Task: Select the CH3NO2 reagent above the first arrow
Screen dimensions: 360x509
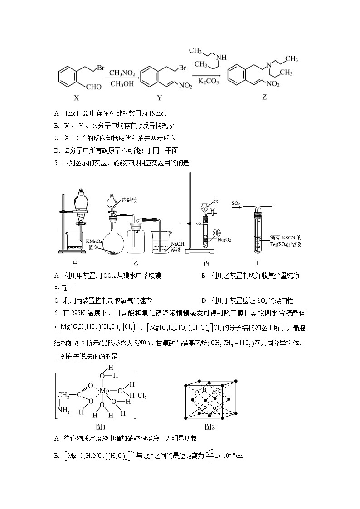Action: (x=122, y=72)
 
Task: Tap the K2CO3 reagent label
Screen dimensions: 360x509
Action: (x=209, y=82)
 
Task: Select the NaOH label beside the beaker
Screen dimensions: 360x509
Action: (x=177, y=243)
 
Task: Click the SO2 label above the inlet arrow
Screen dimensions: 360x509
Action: (x=236, y=203)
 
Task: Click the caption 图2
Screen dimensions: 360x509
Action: (x=210, y=427)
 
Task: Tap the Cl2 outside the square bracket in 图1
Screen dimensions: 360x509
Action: (x=143, y=394)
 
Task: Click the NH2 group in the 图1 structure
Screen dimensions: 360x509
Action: (x=64, y=411)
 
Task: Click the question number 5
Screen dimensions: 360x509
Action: (x=56, y=163)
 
